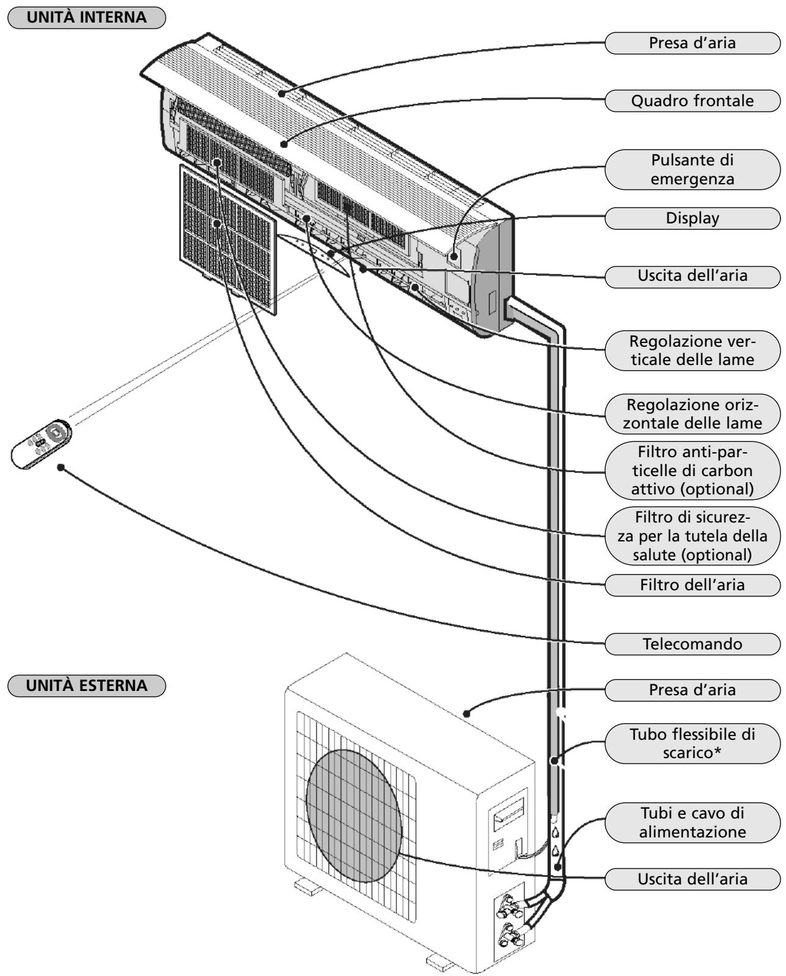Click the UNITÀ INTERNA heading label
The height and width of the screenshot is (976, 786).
(87, 18)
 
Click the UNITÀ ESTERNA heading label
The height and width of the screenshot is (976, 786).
(87, 685)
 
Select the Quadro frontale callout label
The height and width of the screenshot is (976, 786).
(692, 101)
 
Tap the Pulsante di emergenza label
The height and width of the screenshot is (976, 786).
(692, 170)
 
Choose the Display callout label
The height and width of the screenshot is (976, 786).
(692, 218)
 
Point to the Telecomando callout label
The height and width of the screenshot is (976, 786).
(692, 644)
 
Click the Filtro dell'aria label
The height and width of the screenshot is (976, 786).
(692, 585)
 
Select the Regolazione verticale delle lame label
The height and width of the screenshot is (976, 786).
(692, 350)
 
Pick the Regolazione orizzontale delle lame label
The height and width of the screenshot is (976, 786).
(692, 414)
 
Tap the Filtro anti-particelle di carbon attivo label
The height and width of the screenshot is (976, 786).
(692, 471)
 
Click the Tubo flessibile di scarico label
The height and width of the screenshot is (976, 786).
(692, 744)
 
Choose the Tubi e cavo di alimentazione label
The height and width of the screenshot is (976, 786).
(692, 823)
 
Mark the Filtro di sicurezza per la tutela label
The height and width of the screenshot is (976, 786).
(692, 536)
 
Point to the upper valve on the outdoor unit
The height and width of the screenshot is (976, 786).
(508, 906)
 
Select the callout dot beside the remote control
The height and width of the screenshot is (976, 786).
(61, 467)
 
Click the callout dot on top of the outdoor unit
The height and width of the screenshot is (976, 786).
(467, 714)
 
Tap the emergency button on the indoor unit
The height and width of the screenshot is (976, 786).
(454, 256)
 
